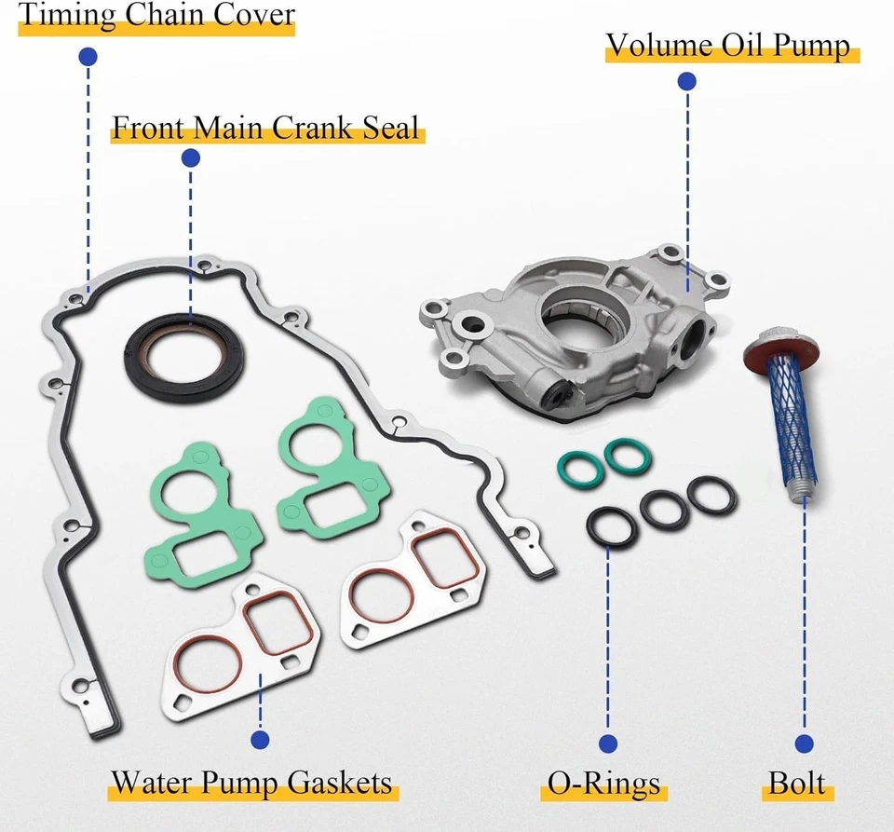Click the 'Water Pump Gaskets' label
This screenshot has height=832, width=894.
pos(251,782)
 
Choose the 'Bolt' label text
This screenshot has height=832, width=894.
pos(797,783)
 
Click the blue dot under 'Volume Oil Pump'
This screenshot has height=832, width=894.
pos(688,82)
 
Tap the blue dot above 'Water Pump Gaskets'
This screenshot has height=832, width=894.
pos(260,741)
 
